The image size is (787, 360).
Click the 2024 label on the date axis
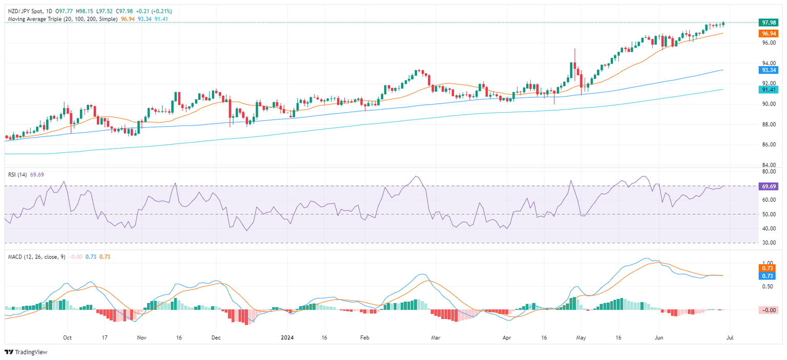click(288, 338)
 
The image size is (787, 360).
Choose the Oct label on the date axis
click(67, 338)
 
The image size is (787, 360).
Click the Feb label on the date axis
click(364, 338)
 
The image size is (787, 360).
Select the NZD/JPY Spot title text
click(26, 11)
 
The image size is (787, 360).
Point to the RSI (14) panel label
click(18, 175)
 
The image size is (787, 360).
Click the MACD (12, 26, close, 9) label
click(35, 257)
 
